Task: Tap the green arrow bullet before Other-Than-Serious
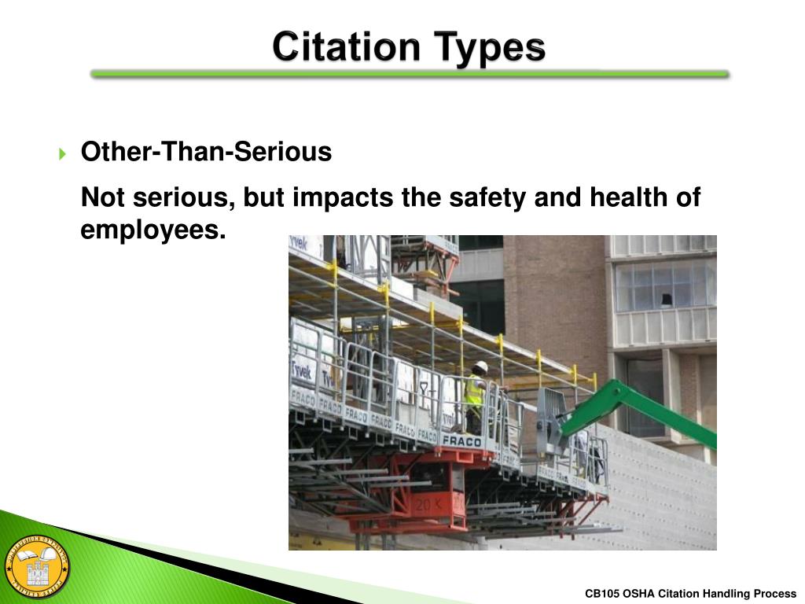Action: coord(64,153)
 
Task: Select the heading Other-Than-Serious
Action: coord(206,152)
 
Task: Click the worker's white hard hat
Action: coord(480,366)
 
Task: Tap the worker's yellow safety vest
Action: coord(474,391)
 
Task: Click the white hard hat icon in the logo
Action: coord(48,557)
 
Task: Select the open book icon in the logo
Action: coord(24,558)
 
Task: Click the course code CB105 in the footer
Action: coord(602,594)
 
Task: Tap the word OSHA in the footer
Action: coord(638,594)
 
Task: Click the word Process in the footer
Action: coord(775,594)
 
